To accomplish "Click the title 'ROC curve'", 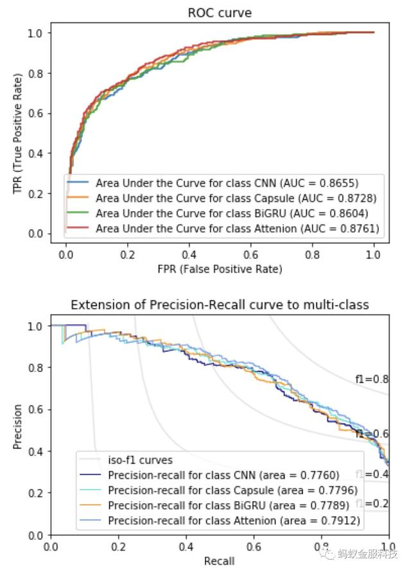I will point(220,13).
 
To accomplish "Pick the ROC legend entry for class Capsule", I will point(236,198).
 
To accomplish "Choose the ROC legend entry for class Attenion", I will point(237,228).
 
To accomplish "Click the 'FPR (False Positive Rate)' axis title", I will point(219,269).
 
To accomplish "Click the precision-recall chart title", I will point(220,304).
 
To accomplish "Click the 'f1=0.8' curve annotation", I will point(372,379).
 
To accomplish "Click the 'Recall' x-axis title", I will point(220,561).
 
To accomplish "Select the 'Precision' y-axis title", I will point(18,427).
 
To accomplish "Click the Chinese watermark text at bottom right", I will point(368,555).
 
